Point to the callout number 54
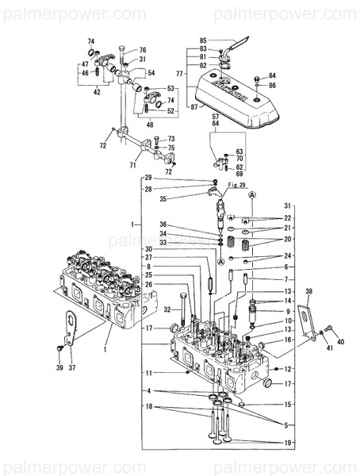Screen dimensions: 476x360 coord(151,73)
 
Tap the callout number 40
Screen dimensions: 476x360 coord(342,342)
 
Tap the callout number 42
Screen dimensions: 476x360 coord(97,93)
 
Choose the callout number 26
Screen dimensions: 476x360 coord(147,285)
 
